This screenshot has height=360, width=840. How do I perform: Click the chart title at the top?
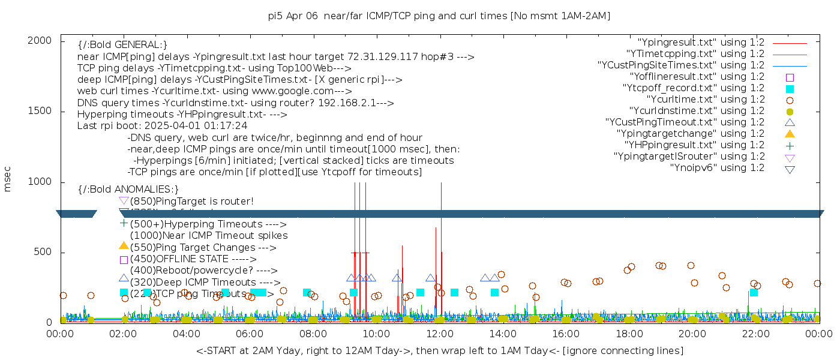439,16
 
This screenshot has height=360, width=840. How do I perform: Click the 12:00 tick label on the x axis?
440,334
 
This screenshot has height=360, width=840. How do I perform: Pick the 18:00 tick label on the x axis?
629,334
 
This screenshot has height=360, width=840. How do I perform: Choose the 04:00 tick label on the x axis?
187,334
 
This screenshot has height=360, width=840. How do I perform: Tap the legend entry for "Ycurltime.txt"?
705,100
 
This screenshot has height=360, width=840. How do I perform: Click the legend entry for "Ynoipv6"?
717,168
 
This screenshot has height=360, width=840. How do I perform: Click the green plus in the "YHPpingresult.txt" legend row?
790,145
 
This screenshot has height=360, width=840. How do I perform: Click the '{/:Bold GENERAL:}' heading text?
122,45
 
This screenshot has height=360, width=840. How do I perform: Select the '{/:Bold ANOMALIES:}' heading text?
128,190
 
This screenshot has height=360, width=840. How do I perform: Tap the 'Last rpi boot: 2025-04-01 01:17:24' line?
162,126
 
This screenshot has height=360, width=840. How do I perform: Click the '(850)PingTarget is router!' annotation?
192,202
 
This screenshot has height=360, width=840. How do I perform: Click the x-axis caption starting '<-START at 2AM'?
439,350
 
